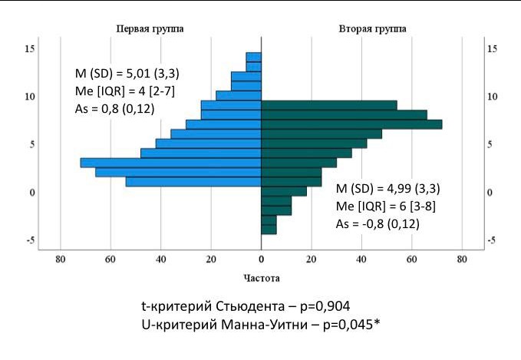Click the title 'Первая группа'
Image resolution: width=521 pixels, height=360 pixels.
pyautogui.click(x=150, y=29)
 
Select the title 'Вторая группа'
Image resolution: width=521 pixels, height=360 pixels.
pyautogui.click(x=372, y=29)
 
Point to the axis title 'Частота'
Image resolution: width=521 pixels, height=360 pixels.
pyautogui.click(x=262, y=278)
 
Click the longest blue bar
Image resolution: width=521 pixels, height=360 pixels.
pyautogui.click(x=171, y=163)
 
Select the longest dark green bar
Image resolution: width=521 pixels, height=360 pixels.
pyautogui.click(x=351, y=124)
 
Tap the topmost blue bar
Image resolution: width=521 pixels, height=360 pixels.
pyautogui.click(x=254, y=57)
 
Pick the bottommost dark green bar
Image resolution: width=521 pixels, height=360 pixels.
pyautogui.click(x=269, y=230)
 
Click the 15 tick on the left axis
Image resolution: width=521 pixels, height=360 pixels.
pyautogui.click(x=30, y=49)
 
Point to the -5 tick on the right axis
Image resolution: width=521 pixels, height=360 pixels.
pyautogui.click(x=492, y=240)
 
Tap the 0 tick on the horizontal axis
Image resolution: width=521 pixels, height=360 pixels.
pyautogui.click(x=262, y=259)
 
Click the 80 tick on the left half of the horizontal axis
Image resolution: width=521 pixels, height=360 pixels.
pyautogui.click(x=61, y=259)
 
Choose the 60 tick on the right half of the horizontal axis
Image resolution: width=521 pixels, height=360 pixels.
pyautogui.click(x=412, y=259)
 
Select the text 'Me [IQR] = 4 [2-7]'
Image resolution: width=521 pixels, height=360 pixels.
pyautogui.click(x=125, y=91)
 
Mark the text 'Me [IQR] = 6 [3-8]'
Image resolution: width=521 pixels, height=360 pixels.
pyautogui.click(x=386, y=206)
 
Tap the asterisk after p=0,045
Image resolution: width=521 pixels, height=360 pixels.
pyautogui.click(x=377, y=322)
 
